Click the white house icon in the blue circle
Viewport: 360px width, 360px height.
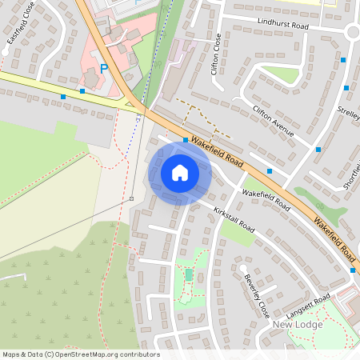point(179,172)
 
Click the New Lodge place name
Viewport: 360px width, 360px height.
point(297,324)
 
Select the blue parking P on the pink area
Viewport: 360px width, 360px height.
point(102,70)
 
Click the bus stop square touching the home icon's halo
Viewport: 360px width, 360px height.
point(186,140)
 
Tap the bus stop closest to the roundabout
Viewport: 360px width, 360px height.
point(342,60)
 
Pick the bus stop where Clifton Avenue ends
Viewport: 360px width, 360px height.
point(318,150)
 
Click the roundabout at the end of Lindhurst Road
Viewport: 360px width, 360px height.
point(352,32)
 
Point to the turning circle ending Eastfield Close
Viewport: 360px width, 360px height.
point(6,50)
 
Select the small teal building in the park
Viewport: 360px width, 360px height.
point(189,274)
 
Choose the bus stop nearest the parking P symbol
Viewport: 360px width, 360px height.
point(82,91)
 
